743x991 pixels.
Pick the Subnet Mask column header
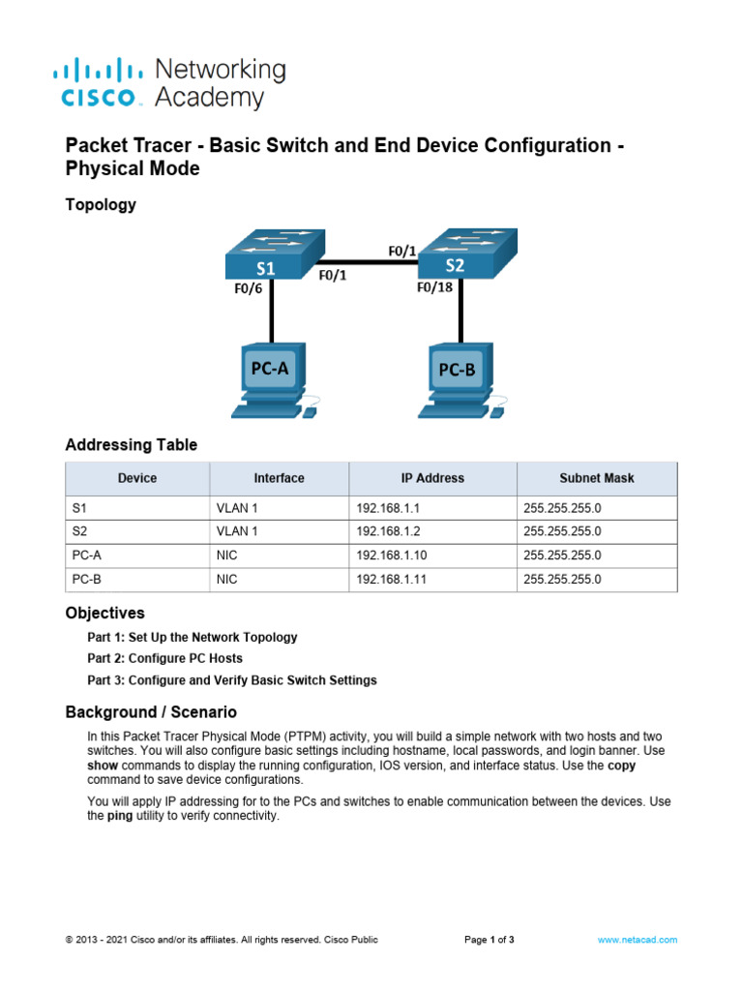(597, 478)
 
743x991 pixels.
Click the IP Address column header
(432, 478)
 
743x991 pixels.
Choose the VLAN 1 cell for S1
(236, 507)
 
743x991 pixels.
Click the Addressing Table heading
(131, 445)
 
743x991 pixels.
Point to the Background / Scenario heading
(150, 712)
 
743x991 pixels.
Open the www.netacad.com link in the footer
(637, 940)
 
